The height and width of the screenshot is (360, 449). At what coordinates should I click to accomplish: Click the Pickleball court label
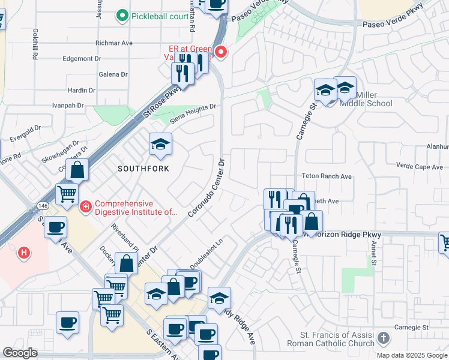(x=160, y=16)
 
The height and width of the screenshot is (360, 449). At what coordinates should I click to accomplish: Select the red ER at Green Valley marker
(x=220, y=52)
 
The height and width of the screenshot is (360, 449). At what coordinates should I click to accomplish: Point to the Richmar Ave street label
(x=114, y=43)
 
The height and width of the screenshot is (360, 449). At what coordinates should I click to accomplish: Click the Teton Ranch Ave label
(x=327, y=176)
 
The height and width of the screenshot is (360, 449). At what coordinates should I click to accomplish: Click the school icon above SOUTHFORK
(x=160, y=145)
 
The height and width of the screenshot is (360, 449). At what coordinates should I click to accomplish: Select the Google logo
(x=20, y=353)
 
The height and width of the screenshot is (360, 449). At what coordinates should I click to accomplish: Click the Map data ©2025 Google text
(x=412, y=355)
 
